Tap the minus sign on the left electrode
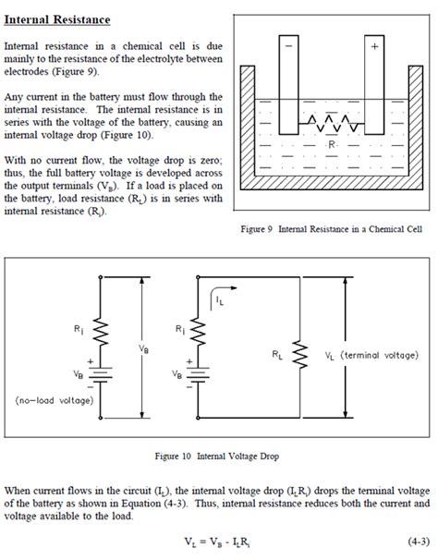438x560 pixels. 292,43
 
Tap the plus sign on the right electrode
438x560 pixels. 374,43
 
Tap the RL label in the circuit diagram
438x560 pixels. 278,354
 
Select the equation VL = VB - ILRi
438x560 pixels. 218,540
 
